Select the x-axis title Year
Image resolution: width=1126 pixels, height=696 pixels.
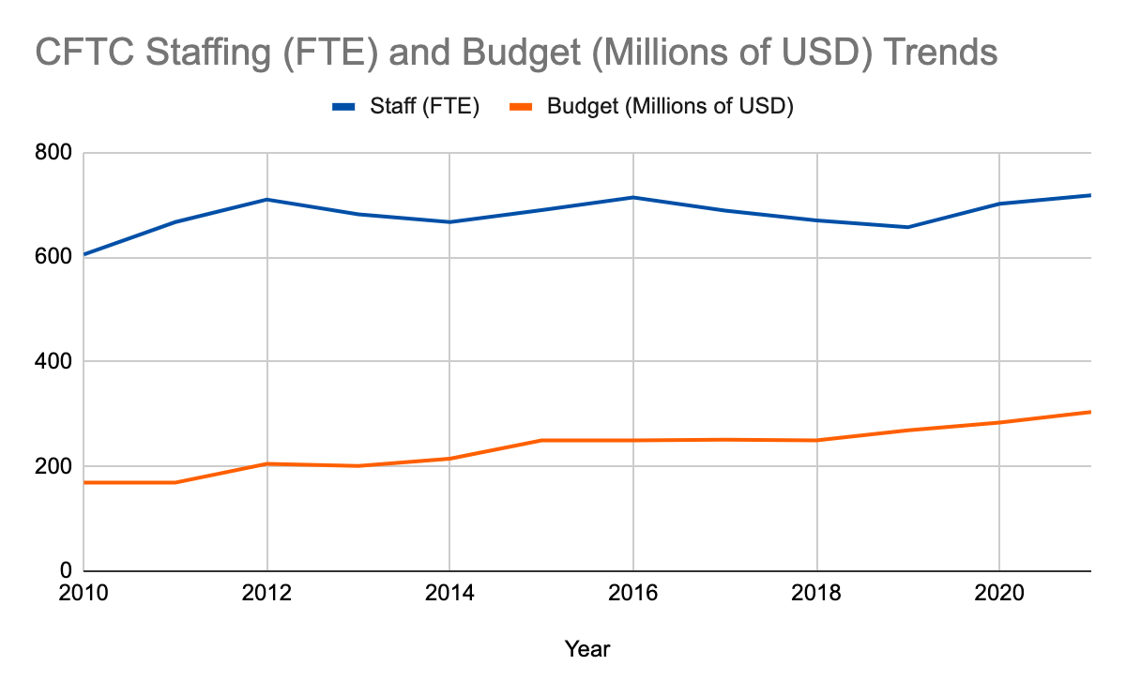(586, 648)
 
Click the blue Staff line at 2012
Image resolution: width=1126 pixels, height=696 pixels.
(267, 200)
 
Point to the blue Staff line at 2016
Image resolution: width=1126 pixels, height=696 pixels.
(633, 197)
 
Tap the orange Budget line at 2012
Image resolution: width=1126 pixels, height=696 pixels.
(267, 463)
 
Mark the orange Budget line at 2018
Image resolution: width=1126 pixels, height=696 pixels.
(816, 440)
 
